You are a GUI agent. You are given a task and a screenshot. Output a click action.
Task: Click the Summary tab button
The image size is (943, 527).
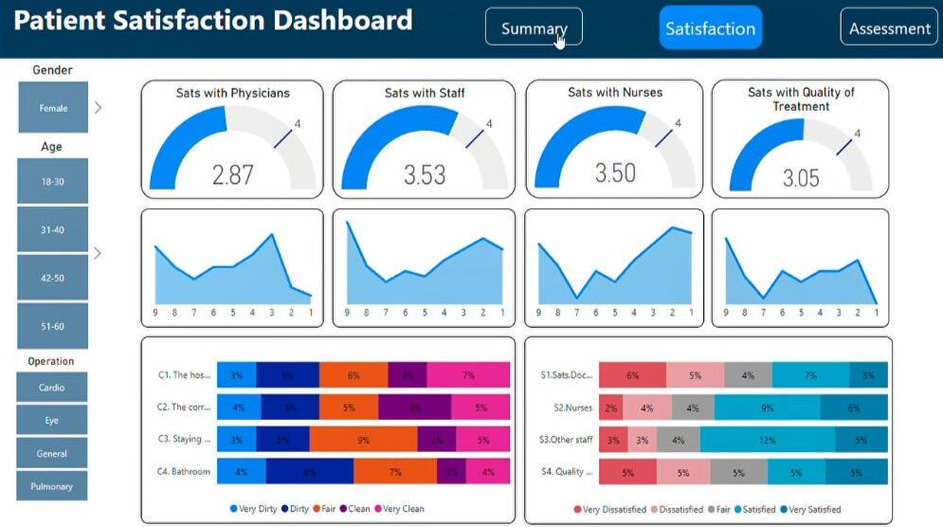point(534,27)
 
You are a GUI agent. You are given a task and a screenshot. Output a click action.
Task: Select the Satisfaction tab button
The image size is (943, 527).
point(710,28)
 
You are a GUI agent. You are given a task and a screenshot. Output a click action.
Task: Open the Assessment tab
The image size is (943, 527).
point(889,28)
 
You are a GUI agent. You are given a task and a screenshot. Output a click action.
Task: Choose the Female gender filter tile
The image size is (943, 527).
point(53,108)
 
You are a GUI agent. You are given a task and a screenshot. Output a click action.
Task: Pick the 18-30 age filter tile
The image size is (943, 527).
point(53,181)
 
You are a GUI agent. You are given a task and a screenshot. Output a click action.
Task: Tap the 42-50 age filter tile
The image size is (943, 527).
point(53,278)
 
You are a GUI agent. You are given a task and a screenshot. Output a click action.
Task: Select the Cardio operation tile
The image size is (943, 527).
point(52,388)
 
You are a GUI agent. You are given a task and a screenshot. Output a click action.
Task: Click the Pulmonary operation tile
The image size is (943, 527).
point(52,486)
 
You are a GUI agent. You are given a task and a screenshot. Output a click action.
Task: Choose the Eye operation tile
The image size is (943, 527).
point(52,421)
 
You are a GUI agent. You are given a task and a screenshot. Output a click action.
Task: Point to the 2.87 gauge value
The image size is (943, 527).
point(232,174)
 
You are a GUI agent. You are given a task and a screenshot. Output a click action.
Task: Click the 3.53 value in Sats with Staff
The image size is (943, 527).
point(424,174)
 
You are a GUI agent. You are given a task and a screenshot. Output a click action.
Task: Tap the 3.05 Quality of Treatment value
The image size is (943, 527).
point(801,177)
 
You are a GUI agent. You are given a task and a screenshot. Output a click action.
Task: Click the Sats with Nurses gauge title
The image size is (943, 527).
point(615,93)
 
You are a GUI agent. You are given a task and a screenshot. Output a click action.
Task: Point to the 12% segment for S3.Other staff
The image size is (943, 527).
point(768,440)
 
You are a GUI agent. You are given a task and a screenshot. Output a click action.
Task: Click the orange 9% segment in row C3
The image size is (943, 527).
point(363,440)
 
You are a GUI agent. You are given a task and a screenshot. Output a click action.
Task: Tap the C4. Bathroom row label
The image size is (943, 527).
point(184,471)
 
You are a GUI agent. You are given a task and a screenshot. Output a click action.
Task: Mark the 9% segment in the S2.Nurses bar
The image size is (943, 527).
point(767,408)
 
